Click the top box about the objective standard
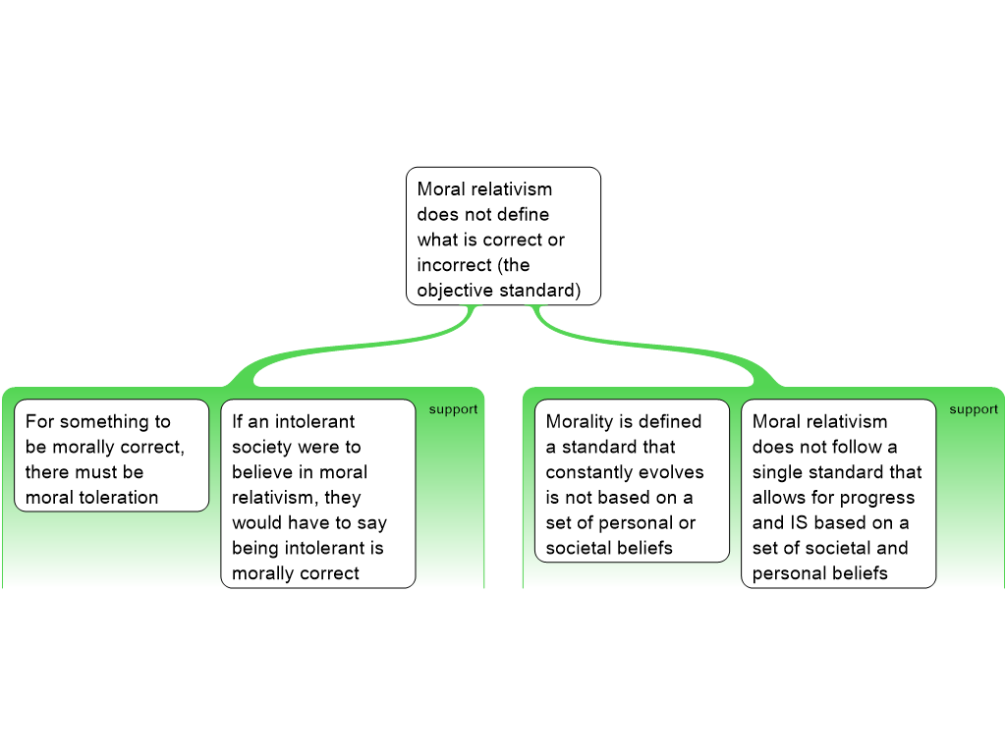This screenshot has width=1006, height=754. [503, 236]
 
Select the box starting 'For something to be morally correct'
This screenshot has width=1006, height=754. [111, 456]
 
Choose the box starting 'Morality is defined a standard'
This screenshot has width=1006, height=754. [632, 480]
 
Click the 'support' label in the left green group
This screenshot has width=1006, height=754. [453, 409]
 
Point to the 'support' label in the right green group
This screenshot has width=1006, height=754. [974, 409]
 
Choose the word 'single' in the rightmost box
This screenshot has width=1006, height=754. [779, 472]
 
